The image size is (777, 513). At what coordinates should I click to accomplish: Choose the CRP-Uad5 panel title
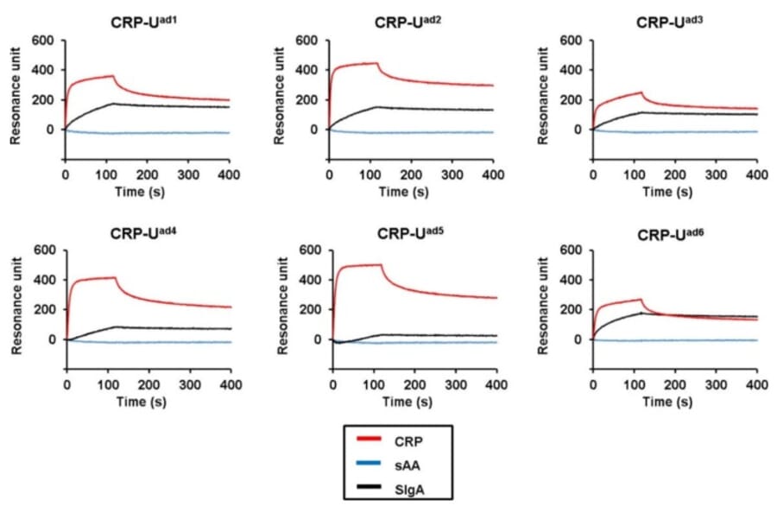411,233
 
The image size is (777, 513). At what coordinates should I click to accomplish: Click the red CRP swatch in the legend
370,440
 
